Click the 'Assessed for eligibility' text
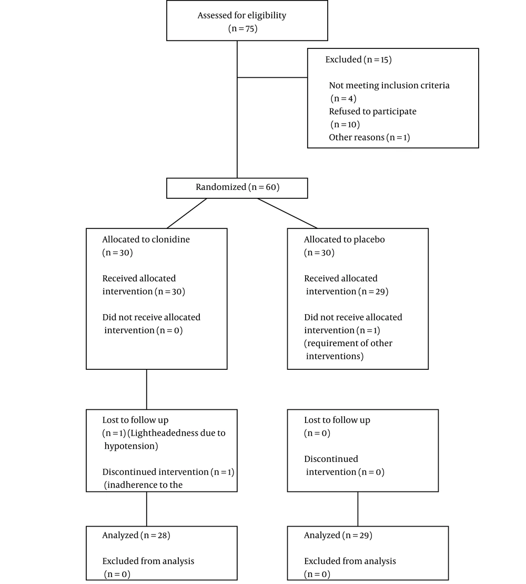click(x=242, y=16)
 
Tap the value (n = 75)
click(x=242, y=29)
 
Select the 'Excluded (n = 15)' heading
click(x=359, y=59)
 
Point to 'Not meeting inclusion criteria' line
click(x=389, y=85)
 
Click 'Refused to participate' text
click(x=372, y=112)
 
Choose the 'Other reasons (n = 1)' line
click(x=369, y=137)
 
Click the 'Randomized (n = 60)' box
click(x=237, y=188)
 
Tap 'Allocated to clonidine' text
click(x=146, y=239)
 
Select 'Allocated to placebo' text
click(x=345, y=239)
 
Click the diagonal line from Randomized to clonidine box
click(x=187, y=213)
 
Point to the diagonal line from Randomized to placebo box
click(x=287, y=213)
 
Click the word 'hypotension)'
click(x=131, y=446)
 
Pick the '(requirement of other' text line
click(x=348, y=344)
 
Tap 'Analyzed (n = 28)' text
click(x=136, y=536)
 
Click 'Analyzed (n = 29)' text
click(x=338, y=536)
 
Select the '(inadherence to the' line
click(x=143, y=485)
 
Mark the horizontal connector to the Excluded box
click(x=272, y=77)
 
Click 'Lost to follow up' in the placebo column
click(x=337, y=420)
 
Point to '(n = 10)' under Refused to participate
click(x=345, y=124)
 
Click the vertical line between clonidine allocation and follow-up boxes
click(x=147, y=389)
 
